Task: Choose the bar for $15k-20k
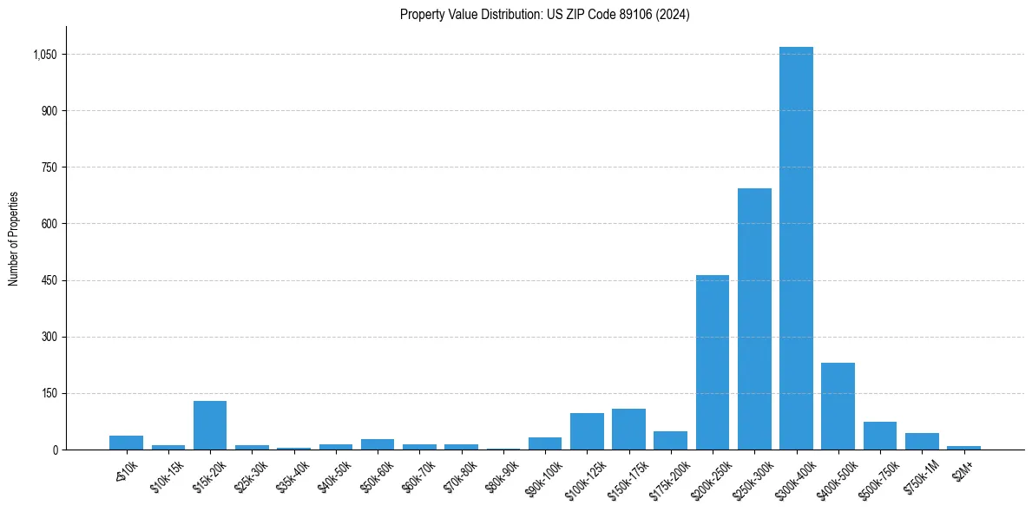coord(210,425)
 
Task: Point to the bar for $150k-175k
coord(628,429)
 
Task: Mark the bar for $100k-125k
coord(587,431)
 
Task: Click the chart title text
coord(545,15)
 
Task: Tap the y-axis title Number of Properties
coord(14,239)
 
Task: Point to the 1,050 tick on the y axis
coord(44,55)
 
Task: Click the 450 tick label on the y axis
coord(49,280)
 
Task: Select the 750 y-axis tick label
coord(49,167)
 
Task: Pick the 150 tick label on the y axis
coord(49,393)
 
